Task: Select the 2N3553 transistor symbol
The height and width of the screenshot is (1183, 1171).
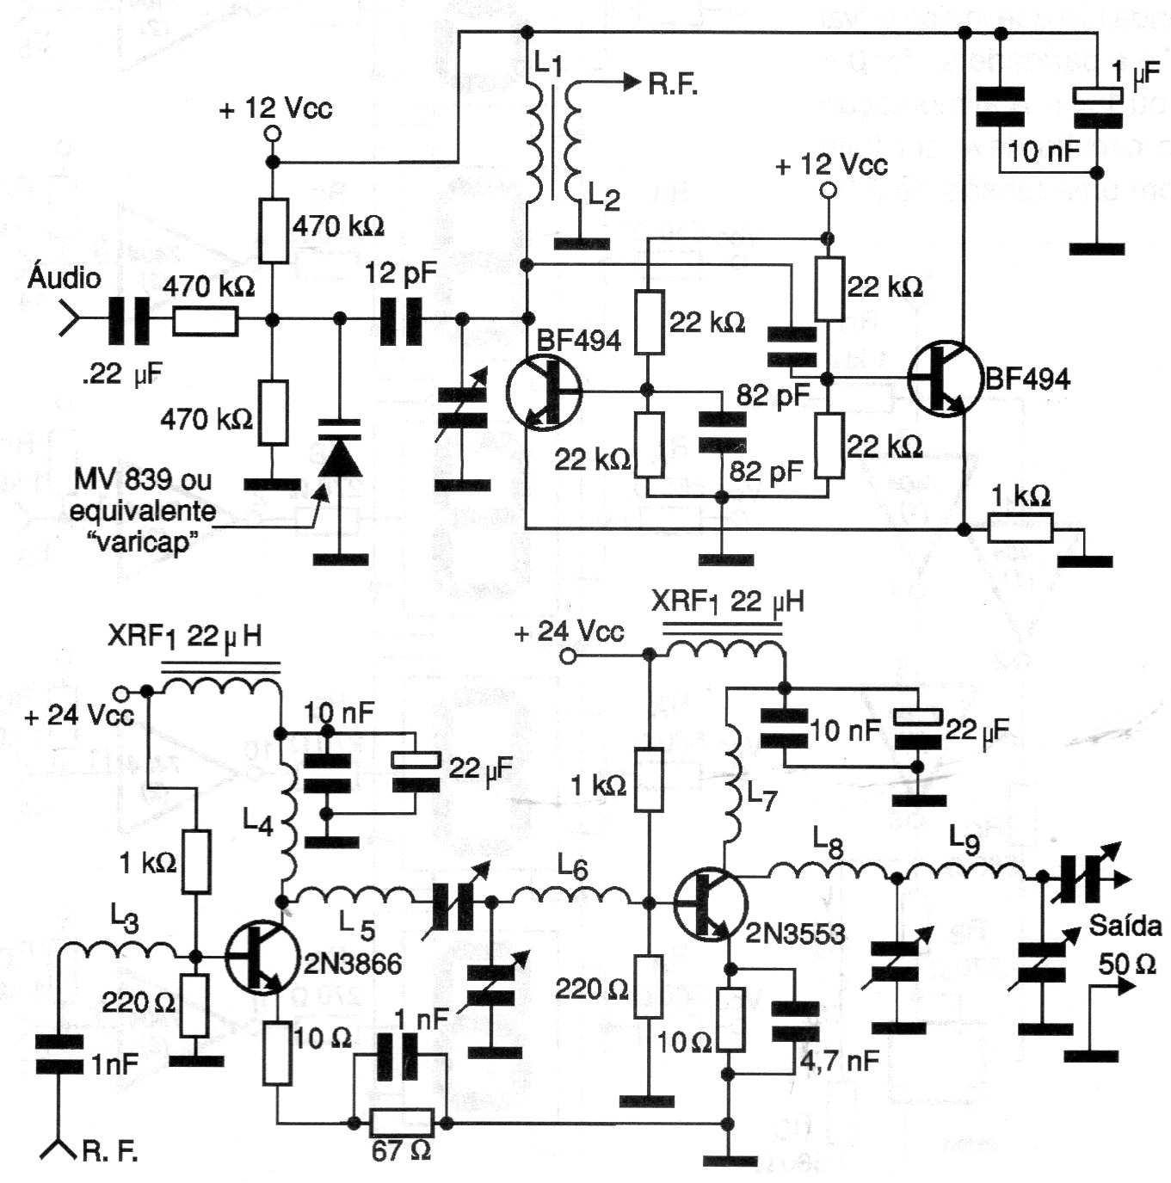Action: [x=708, y=905]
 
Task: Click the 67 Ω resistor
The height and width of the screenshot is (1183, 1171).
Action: [x=400, y=1122]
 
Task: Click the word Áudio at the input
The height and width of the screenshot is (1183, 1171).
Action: [x=64, y=277]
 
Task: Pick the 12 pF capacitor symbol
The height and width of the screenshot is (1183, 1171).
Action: [x=402, y=321]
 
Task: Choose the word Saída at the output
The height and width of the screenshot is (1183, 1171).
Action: [x=1122, y=927]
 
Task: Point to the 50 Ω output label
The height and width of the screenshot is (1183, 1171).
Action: [x=1126, y=964]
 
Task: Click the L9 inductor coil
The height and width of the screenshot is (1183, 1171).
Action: [x=969, y=872]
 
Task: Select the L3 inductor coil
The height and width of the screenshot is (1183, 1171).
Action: [x=120, y=951]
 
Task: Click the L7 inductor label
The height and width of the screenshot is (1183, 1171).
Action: [x=761, y=800]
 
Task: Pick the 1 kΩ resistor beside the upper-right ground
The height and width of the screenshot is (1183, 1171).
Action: [x=1020, y=528]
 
